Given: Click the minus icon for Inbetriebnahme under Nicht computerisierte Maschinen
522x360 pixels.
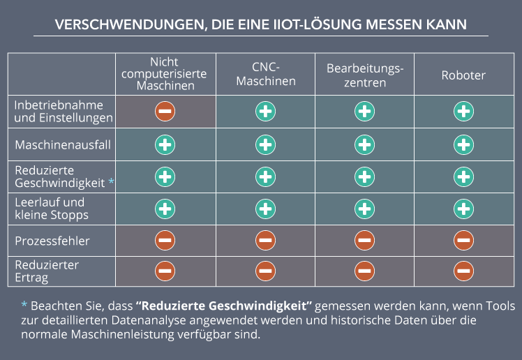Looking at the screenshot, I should coord(165,111).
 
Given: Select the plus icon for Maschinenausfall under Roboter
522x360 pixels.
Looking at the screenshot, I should coord(464,144).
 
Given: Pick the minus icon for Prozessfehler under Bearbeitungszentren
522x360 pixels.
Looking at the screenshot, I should coord(364,241).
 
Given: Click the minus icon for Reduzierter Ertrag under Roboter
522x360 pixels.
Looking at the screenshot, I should coord(464,271).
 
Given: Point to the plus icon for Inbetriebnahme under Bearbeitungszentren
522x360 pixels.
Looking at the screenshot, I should coord(364,111).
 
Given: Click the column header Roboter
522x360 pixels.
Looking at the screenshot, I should coord(463,75).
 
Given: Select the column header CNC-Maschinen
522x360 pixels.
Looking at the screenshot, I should coord(265,74).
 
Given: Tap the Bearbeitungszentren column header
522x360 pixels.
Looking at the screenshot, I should coord(364,75).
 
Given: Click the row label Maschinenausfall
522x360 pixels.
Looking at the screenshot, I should coord(62,144).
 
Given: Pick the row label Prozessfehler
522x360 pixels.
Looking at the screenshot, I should coord(52,241).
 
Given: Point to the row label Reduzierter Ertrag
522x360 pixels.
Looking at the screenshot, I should coord(47,271).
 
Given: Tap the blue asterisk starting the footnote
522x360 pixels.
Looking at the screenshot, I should coord(24,306).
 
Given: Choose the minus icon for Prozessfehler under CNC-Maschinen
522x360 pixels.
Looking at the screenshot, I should coord(265,241).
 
